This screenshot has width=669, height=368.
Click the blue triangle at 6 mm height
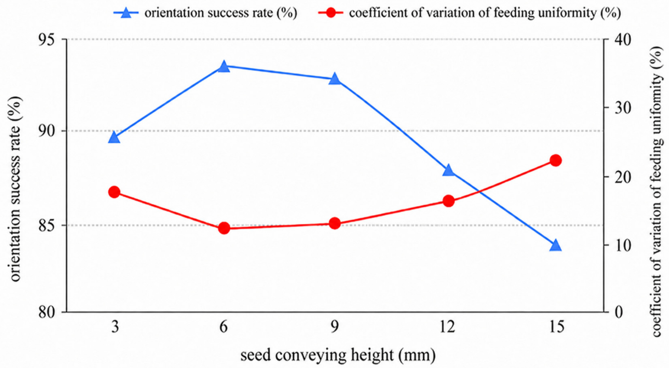224,66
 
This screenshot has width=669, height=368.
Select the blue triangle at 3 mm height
114,137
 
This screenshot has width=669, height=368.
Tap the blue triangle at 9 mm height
335,79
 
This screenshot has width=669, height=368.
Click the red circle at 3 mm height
114,192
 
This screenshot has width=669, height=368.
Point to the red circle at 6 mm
224,228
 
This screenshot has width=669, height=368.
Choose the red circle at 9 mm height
335,224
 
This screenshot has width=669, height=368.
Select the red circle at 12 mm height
448,201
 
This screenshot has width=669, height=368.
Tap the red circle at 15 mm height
555,160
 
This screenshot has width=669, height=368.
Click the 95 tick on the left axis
48,40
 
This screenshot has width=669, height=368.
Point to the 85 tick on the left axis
48,225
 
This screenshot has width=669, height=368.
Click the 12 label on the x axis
447,327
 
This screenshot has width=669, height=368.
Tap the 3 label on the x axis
115,327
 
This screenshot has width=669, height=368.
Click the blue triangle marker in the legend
126,13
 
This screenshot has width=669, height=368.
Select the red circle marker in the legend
331,13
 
